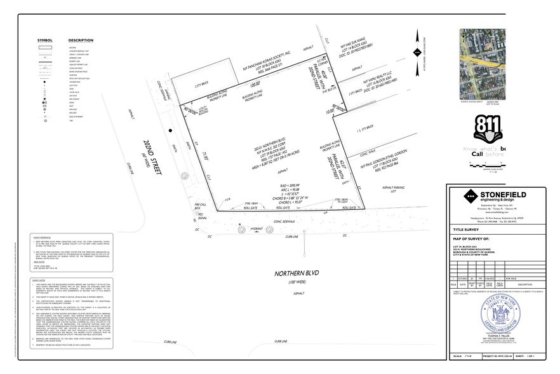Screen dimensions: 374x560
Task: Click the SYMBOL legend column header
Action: pos(44,40)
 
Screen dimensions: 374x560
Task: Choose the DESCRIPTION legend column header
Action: pos(81,40)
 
